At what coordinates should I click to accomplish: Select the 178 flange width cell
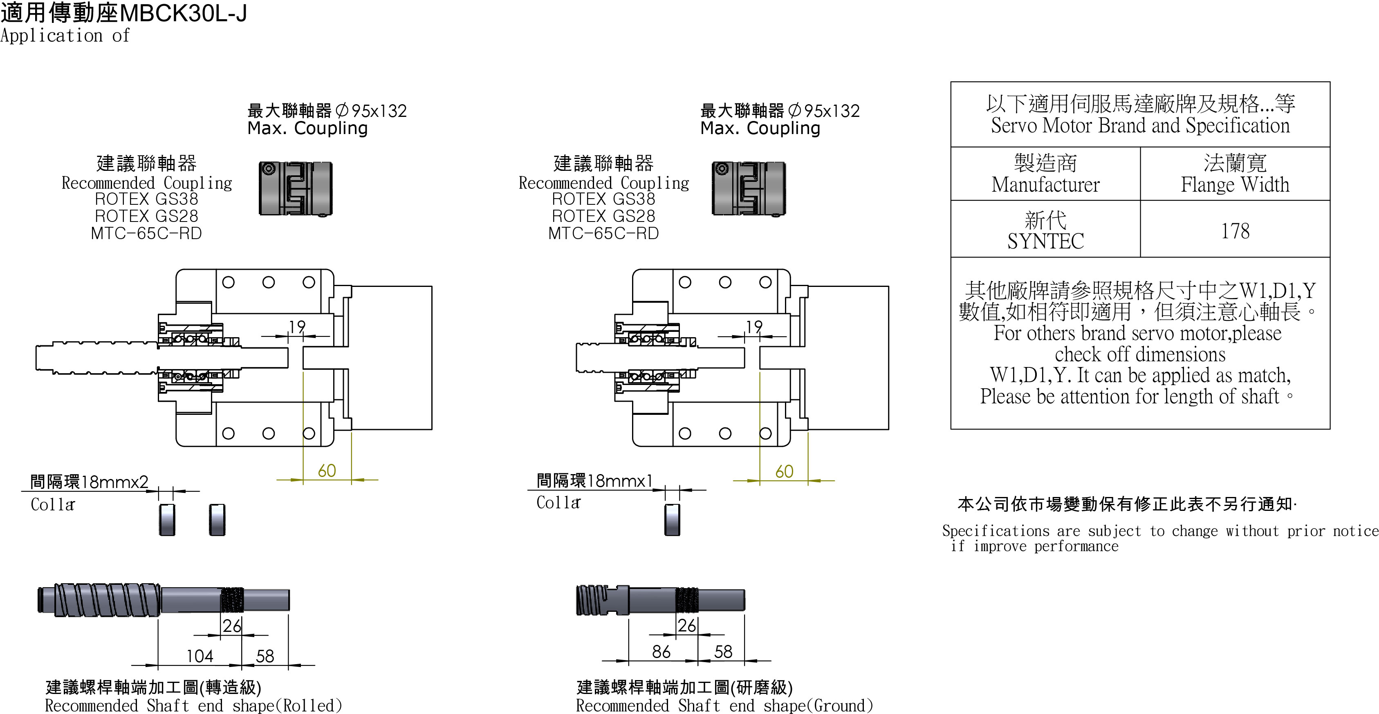tap(1235, 231)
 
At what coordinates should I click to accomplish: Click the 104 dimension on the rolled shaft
tap(200, 656)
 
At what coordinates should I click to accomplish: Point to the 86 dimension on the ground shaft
tap(661, 651)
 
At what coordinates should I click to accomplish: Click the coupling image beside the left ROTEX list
tap(296, 188)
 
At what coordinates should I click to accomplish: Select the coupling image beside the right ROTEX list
tap(749, 188)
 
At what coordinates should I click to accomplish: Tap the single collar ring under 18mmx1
tap(672, 519)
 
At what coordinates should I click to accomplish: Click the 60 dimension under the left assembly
tap(327, 470)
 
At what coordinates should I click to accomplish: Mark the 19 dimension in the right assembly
tap(754, 326)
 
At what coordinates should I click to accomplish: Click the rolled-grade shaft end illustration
tap(163, 600)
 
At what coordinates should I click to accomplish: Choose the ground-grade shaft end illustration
tap(660, 600)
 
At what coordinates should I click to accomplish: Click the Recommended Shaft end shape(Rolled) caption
tap(193, 705)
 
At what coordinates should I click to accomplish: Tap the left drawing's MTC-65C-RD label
tap(146, 233)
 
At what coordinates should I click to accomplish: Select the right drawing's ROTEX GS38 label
tap(603, 199)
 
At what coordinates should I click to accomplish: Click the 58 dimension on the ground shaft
tap(723, 651)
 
